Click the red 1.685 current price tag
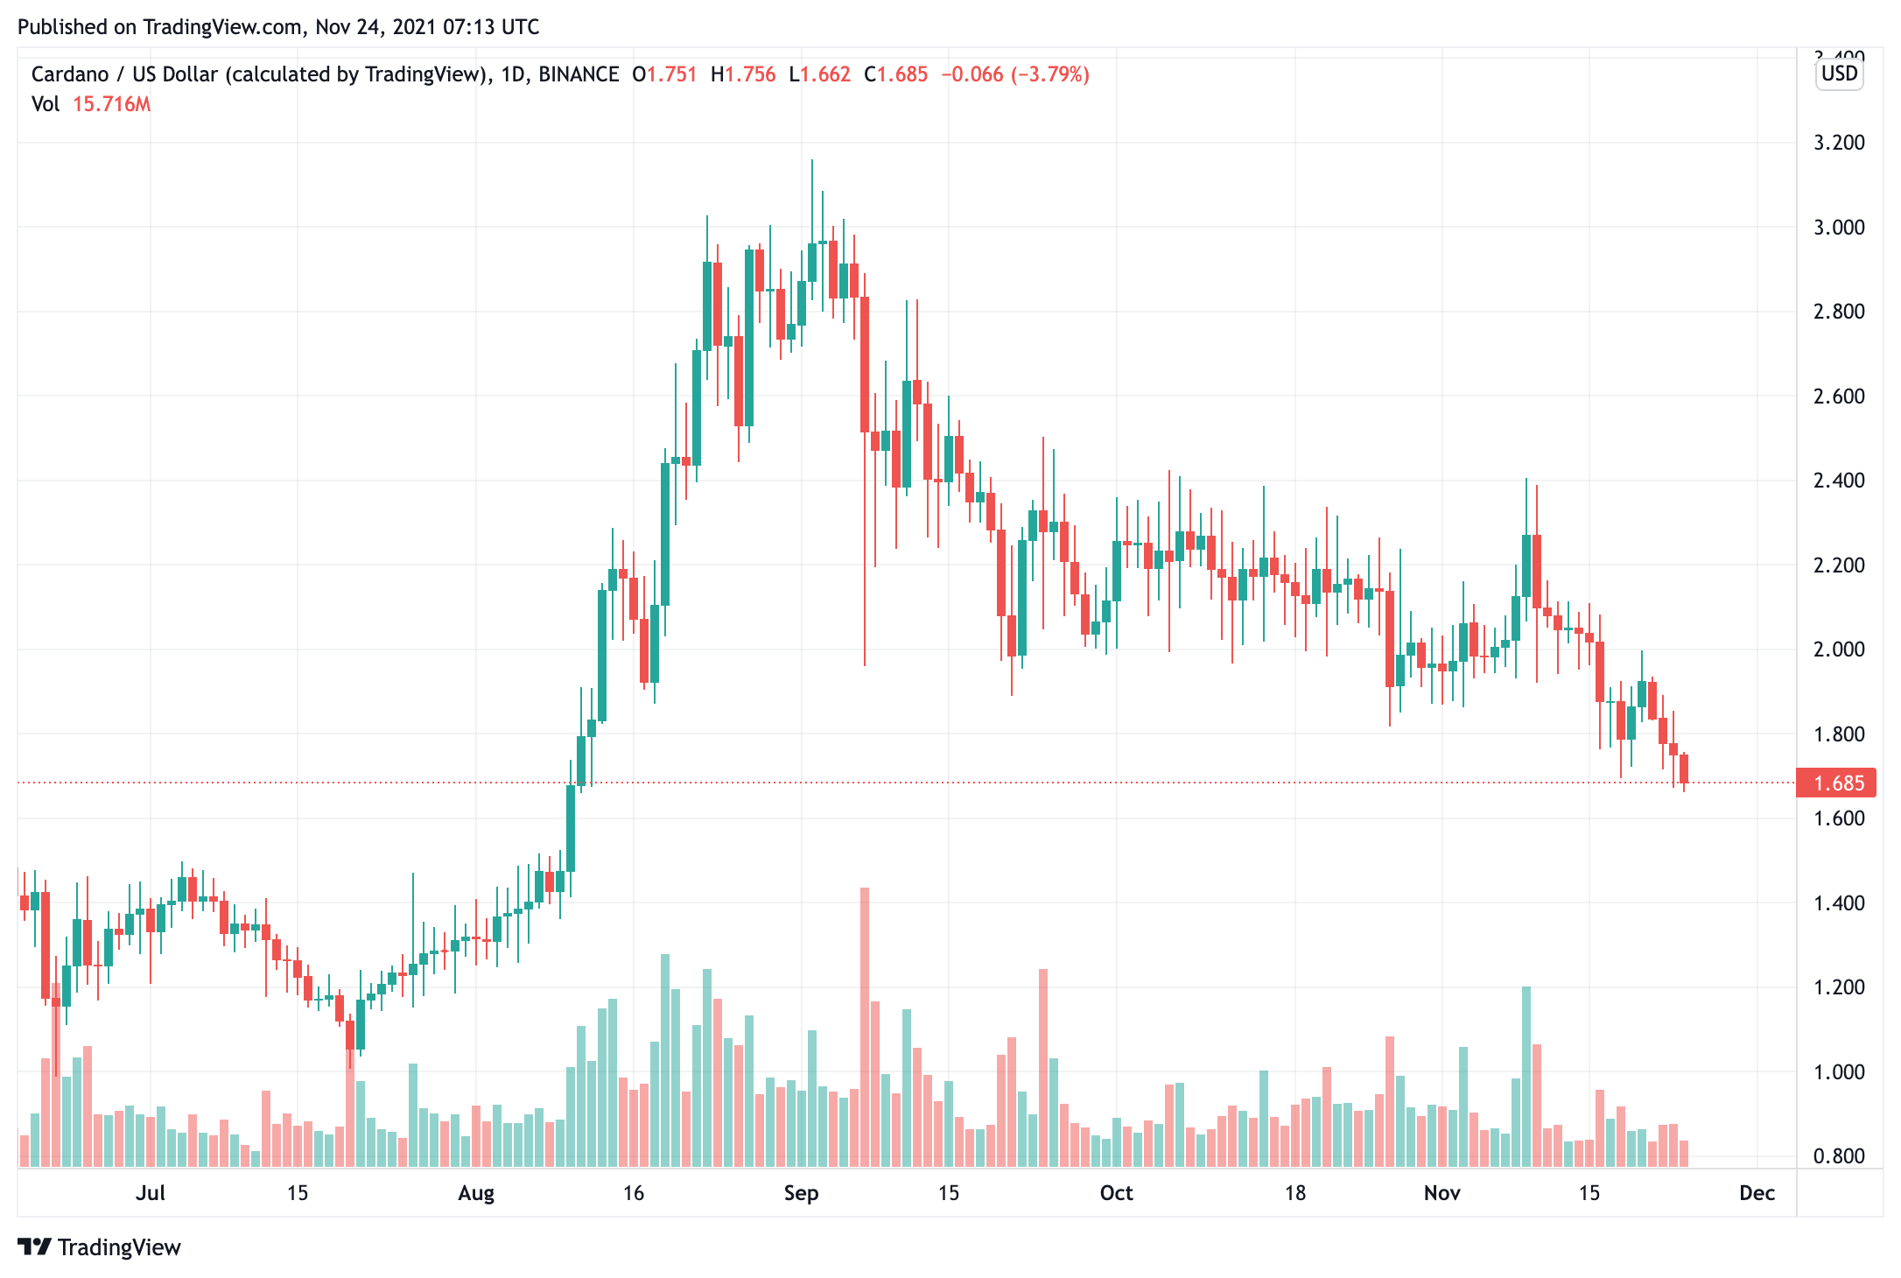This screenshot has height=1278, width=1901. click(x=1836, y=783)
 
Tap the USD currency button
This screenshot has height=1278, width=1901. click(x=1839, y=74)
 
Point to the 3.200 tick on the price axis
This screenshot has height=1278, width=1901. click(x=1839, y=143)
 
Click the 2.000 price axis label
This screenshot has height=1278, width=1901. click(x=1839, y=650)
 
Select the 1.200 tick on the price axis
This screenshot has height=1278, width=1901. click(x=1839, y=987)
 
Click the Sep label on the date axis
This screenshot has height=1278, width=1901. click(x=801, y=1193)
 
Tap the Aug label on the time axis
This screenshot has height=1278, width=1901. click(x=476, y=1193)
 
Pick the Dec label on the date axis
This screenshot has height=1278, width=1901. click(x=1757, y=1193)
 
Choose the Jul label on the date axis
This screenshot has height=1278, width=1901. click(x=151, y=1193)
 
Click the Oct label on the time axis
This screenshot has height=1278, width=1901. click(x=1116, y=1193)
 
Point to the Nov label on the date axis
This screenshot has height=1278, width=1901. click(x=1442, y=1193)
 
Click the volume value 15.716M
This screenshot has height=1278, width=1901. click(x=111, y=104)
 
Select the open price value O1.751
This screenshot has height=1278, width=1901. click(x=665, y=74)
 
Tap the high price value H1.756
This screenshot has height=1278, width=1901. click(x=743, y=74)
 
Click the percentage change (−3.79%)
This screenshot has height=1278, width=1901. click(x=1050, y=74)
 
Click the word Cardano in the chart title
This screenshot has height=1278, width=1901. click(x=70, y=74)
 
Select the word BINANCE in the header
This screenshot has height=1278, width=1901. click(x=579, y=74)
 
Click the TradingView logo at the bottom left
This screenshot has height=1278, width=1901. click(x=99, y=1247)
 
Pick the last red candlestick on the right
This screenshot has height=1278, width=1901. click(x=1684, y=769)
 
